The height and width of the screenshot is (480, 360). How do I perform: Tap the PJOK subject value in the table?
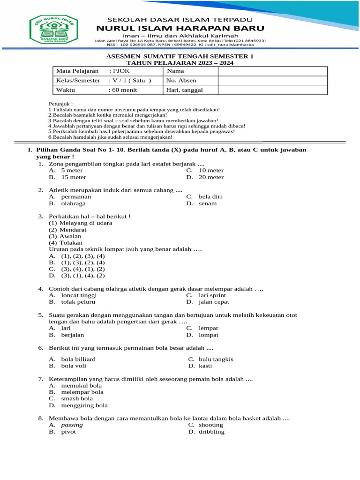point(120,71)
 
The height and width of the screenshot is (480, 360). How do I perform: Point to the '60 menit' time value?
point(123,90)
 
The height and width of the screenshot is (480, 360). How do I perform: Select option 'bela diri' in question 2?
point(210,197)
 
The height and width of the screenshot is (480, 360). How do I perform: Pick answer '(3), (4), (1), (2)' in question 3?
point(83,269)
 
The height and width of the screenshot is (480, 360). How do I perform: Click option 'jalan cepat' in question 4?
point(214,302)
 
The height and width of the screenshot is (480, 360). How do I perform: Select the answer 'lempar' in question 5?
point(209,329)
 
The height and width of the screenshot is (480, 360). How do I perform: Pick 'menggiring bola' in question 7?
point(84,405)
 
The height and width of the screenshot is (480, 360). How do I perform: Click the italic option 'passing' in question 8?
point(72,425)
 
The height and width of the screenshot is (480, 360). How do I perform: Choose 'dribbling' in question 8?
point(211,432)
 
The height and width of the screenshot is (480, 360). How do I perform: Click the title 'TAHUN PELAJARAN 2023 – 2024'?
point(180,62)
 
